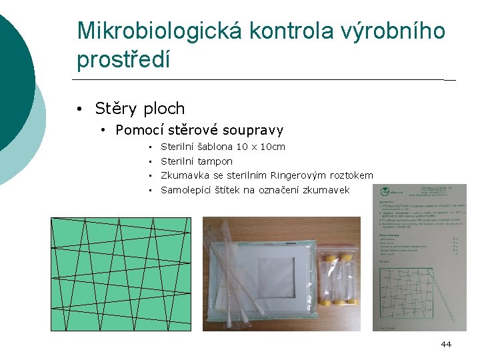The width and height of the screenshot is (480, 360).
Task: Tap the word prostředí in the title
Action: pos(123,60)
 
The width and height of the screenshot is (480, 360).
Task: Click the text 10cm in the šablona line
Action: pos(273,147)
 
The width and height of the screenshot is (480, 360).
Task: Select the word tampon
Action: pos(215,161)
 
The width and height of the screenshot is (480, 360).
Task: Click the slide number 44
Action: pos(446,344)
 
